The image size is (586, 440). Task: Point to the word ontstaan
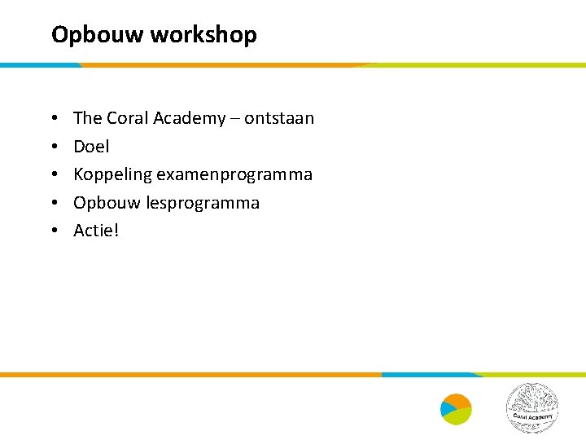point(279,118)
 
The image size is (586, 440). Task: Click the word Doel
point(91,147)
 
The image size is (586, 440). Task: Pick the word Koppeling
point(112,175)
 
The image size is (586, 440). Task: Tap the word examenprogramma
point(234,175)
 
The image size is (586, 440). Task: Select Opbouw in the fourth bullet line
point(107,203)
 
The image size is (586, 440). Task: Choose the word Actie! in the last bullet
point(96,231)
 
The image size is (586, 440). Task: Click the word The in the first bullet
point(87,118)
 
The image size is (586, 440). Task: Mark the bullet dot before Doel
point(53,147)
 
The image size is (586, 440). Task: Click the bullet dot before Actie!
point(53,231)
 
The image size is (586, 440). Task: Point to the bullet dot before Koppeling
point(53,175)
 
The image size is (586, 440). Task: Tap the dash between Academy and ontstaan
point(237,119)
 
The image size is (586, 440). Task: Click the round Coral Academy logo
point(532,407)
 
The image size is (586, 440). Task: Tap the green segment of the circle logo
point(461,416)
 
